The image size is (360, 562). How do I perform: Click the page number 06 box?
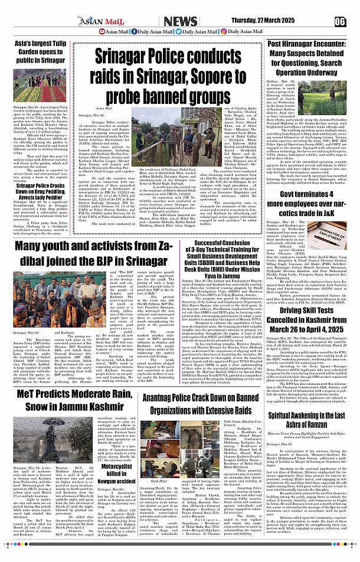coord(339,21)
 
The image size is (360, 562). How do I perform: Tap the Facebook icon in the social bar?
coord(133,32)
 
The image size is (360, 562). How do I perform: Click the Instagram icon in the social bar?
coord(224,32)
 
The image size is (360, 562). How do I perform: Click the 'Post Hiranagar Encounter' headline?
coord(309,58)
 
